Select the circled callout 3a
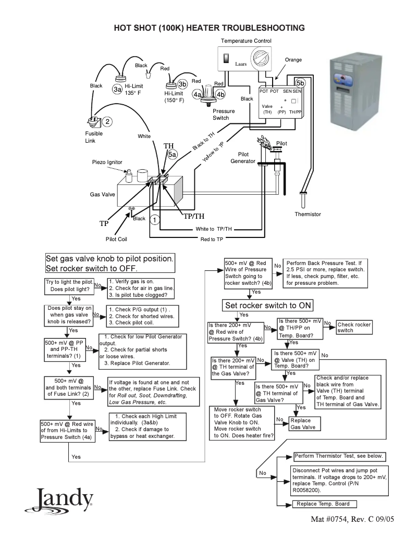118,89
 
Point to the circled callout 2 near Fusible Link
107,121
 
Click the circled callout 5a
173,155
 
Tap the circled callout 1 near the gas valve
155,219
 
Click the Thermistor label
308,214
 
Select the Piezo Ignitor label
107,162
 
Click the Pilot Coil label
116,239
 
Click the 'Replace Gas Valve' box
302,423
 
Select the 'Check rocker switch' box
354,327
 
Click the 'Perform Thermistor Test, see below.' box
339,456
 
